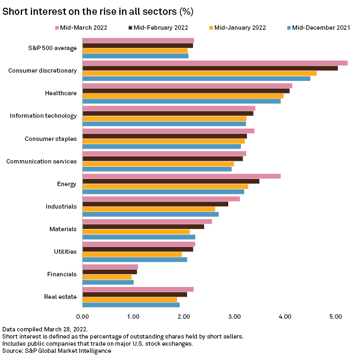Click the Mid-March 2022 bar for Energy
182,176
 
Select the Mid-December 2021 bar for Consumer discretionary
196,79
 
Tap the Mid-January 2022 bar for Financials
107,277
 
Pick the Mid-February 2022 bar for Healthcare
186,91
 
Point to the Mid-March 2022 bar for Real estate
138,289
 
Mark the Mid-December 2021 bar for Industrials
150,214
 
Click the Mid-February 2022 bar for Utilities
137,249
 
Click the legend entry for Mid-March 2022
86,27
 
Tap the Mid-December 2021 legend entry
318,27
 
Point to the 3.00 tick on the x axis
234,317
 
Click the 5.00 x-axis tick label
335,317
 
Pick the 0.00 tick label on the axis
82,317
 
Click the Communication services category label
41,161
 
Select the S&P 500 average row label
52,48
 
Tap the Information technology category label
43,116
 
